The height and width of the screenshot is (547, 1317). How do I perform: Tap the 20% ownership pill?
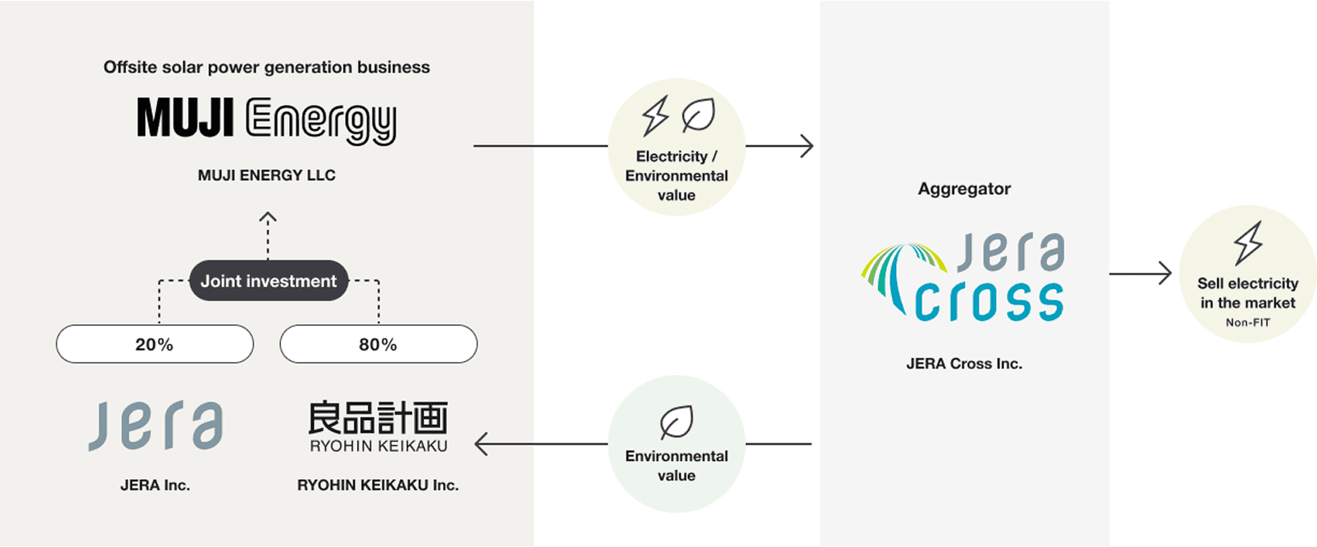coord(155,344)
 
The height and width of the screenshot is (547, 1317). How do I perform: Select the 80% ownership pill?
coord(378,344)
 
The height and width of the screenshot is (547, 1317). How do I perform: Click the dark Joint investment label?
coord(269,281)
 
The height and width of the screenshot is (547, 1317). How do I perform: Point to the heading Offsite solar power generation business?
coord(266,67)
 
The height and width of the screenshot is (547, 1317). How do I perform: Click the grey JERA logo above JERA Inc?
coord(156,425)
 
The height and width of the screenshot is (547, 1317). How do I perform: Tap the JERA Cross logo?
coord(964,279)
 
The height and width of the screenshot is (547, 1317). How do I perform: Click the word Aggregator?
coord(964,188)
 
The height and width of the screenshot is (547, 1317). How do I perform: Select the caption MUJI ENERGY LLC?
coord(266,175)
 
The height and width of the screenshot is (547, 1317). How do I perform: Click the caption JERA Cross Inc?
coord(964,364)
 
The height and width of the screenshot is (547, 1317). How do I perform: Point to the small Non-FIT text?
coord(1247,323)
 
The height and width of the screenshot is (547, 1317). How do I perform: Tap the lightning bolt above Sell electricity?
coord(1248,243)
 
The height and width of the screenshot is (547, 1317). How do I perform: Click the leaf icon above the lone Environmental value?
coord(677,423)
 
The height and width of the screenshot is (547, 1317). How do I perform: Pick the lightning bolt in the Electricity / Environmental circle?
coord(655,116)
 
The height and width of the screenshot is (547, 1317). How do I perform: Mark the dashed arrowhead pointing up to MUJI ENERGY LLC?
coord(268,218)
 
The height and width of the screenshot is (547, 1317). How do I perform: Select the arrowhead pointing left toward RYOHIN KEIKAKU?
coord(481,444)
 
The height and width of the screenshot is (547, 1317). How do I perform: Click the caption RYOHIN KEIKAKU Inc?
coord(378,485)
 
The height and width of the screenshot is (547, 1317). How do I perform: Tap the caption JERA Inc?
coord(155,485)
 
